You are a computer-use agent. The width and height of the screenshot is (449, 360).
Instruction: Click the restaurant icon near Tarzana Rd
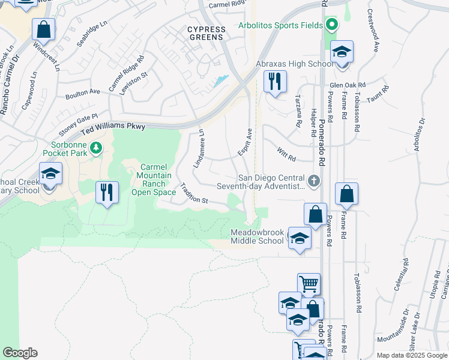[x=275, y=81]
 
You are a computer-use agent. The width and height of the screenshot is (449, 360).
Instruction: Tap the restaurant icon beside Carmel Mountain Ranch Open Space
[x=107, y=193]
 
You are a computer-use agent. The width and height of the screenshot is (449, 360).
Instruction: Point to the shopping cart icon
[x=309, y=284]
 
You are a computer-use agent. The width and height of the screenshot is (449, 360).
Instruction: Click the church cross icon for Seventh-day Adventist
[x=313, y=181]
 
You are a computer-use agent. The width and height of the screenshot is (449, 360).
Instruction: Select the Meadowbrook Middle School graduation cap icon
[x=299, y=238]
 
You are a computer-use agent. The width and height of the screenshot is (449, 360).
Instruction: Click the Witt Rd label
[x=287, y=154]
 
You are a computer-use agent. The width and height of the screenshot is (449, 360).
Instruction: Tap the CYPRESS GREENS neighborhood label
[x=205, y=32]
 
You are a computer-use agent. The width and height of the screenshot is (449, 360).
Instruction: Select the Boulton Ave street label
[x=83, y=94]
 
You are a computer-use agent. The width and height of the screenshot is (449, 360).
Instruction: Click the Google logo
[x=19, y=353]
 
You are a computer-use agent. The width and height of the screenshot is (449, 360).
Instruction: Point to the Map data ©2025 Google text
[x=411, y=355]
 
